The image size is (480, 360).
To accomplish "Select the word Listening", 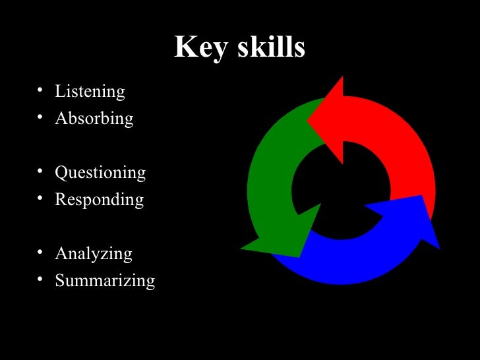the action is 90,91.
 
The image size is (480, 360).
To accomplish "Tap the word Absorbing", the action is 94,118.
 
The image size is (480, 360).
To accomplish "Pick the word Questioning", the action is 100,173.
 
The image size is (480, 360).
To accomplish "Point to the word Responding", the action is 99,199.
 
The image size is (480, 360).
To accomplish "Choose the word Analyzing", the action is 94,254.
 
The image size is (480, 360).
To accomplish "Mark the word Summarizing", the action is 105,280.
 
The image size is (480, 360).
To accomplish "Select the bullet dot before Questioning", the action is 40,171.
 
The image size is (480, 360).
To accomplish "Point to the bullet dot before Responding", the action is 40,197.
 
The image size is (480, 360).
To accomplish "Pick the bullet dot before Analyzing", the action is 40,252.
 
